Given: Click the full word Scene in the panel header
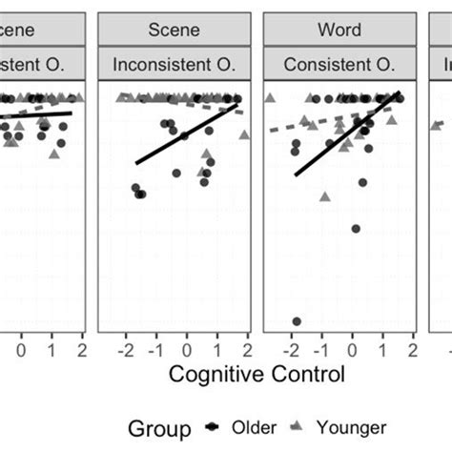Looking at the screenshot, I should pos(175,30).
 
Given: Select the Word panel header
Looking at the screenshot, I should pos(339,30).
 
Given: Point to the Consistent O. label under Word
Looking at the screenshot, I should pos(339,65).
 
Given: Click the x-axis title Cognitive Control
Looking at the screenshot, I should pos(257,375).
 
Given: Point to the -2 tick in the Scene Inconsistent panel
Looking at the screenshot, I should pos(124,350).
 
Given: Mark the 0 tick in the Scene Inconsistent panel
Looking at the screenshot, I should pos(187,350).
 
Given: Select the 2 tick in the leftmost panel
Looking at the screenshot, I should pos(83,350).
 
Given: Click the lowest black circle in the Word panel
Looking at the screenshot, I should pos(297,321).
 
